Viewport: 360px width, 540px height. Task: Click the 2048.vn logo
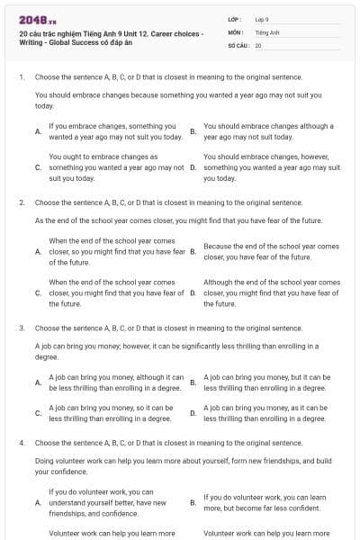pyautogui.click(x=31, y=19)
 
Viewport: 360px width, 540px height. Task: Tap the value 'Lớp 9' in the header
pyautogui.click(x=263, y=19)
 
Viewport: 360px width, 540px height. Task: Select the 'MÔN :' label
pyautogui.click(x=236, y=31)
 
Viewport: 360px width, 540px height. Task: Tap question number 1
pyautogui.click(x=21, y=77)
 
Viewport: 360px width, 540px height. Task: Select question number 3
pyautogui.click(x=21, y=328)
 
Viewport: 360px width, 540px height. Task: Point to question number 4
pyautogui.click(x=21, y=443)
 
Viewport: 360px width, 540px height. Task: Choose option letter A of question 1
pyautogui.click(x=37, y=131)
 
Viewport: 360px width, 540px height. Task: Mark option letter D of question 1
pyautogui.click(x=193, y=167)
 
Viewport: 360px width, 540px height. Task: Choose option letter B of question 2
pyautogui.click(x=193, y=251)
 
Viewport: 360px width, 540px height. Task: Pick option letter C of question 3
pyautogui.click(x=37, y=412)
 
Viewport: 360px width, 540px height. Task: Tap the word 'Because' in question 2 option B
pyautogui.click(x=219, y=246)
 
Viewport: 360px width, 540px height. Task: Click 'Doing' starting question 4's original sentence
pyautogui.click(x=45, y=461)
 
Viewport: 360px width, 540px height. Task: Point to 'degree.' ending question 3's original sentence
pyautogui.click(x=47, y=356)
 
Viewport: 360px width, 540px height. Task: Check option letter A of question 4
pyautogui.click(x=37, y=502)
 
